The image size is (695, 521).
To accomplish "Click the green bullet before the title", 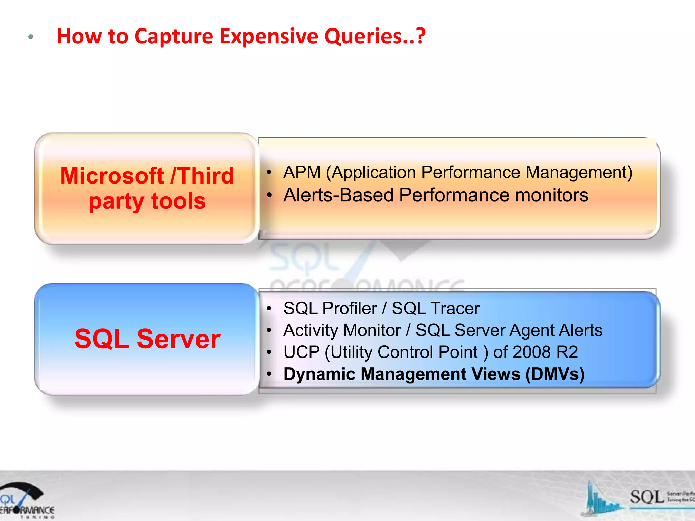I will point(31,37).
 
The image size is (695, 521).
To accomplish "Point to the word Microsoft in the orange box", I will point(112,176).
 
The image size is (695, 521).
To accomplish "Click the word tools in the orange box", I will point(179,201).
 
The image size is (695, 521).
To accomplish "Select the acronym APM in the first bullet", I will point(302,172).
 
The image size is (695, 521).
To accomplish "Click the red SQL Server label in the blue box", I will point(147,339).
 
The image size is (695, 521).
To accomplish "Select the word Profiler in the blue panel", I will point(350,308).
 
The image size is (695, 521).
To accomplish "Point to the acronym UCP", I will point(301,352).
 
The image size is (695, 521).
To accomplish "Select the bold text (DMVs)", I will point(555,374).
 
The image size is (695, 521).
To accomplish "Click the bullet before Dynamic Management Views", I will point(269,374).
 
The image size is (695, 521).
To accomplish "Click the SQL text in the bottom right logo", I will point(646,497).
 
